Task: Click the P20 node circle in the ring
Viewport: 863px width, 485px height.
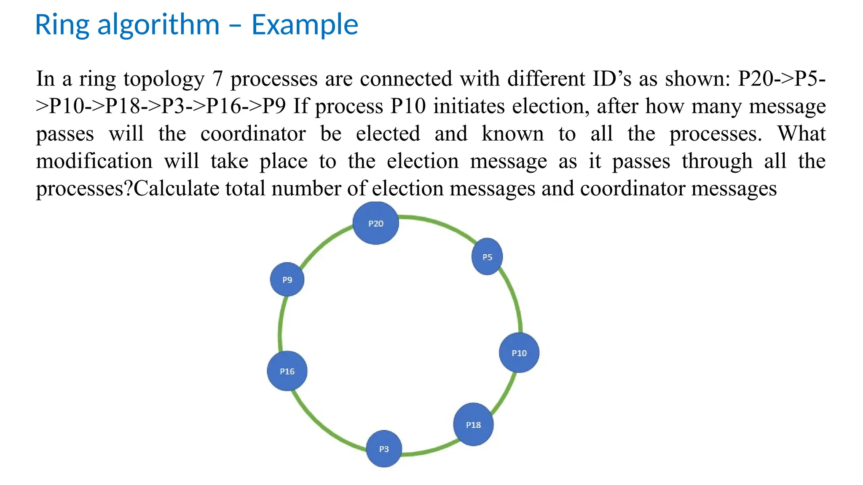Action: click(375, 223)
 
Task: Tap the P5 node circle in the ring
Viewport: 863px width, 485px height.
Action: click(487, 257)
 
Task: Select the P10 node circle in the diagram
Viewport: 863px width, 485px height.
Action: click(519, 353)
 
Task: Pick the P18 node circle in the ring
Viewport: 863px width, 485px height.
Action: click(473, 424)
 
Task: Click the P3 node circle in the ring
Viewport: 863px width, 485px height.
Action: click(384, 449)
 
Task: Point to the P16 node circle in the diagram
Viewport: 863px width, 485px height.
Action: click(287, 371)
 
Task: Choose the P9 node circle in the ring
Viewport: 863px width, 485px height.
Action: click(287, 280)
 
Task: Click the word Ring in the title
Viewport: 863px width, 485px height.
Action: click(62, 25)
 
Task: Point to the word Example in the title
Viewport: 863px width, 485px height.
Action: click(305, 25)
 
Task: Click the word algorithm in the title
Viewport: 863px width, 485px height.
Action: click(158, 25)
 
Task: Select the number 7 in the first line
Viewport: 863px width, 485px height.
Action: click(217, 79)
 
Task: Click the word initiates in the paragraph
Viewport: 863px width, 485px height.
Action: click(469, 106)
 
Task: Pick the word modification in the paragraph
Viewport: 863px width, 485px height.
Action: click(94, 161)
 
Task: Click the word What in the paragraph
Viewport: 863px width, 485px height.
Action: click(801, 133)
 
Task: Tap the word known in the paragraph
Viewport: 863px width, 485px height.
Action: click(512, 133)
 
